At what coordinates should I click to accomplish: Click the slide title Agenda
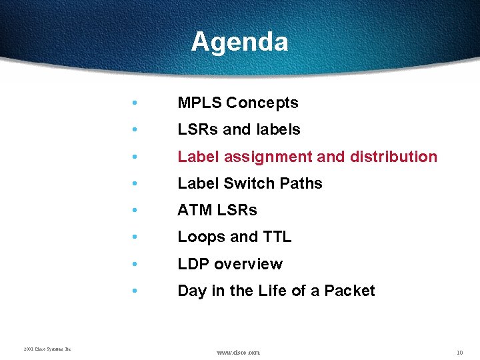tap(239, 42)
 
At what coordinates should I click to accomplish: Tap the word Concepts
tap(262, 103)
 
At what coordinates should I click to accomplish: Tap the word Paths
tap(301, 183)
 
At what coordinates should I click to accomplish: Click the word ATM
tap(194, 210)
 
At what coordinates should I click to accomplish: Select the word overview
tap(249, 264)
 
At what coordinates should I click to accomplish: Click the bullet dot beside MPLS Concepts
tap(135, 103)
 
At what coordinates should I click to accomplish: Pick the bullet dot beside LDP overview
tap(135, 265)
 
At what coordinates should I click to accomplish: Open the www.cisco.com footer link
tap(238, 352)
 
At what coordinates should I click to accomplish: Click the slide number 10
tap(459, 352)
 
